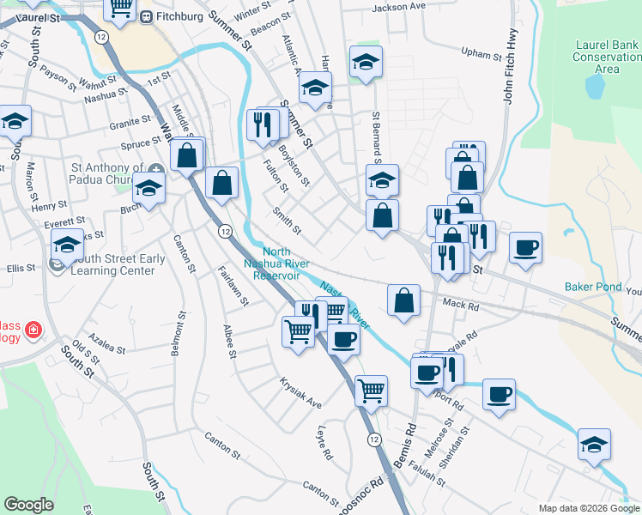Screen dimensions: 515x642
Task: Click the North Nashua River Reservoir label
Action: pyautogui.click(x=276, y=264)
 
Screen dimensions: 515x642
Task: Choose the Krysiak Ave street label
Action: pyautogui.click(x=300, y=391)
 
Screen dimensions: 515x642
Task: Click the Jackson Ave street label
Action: pyautogui.click(x=398, y=7)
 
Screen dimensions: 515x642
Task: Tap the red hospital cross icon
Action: pyautogui.click(x=33, y=329)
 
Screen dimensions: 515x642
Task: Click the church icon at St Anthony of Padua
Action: pyautogui.click(x=155, y=168)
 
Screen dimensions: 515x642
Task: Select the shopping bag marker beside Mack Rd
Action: pyautogui.click(x=403, y=300)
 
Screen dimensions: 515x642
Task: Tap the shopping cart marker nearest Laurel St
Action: pyautogui.click(x=121, y=8)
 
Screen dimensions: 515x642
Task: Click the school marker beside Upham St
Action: pyautogui.click(x=366, y=62)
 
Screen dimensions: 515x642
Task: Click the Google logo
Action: pyautogui.click(x=28, y=505)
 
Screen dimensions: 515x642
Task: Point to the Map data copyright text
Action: pyautogui.click(x=588, y=508)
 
